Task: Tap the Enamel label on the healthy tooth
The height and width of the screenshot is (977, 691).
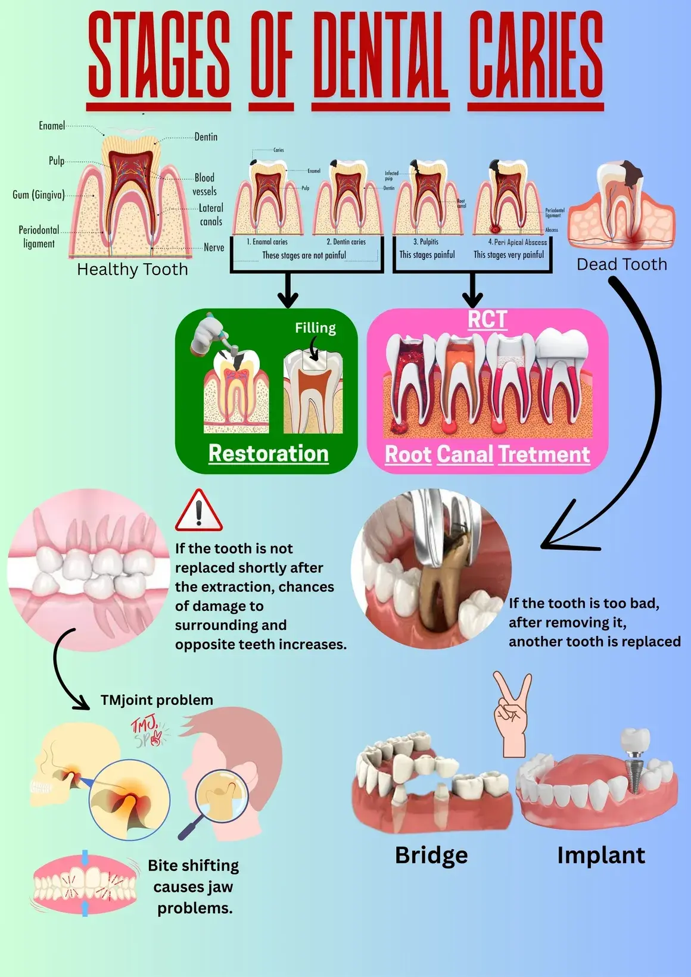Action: (x=52, y=126)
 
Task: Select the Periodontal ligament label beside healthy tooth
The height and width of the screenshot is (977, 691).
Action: (x=39, y=236)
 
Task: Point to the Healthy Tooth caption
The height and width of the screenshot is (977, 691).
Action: (x=132, y=270)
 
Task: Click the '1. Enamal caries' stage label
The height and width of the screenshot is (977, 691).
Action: (x=267, y=242)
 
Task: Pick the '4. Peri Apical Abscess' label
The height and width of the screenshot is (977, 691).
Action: (x=517, y=242)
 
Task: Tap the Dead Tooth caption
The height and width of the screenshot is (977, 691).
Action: (x=621, y=264)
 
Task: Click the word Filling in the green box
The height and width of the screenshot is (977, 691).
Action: (x=315, y=328)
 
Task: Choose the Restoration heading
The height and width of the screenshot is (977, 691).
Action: (x=268, y=454)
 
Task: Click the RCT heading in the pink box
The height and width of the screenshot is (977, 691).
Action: (x=487, y=320)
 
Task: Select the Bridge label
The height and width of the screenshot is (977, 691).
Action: (x=431, y=855)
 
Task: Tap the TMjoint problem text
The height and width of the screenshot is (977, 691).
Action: (x=157, y=700)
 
